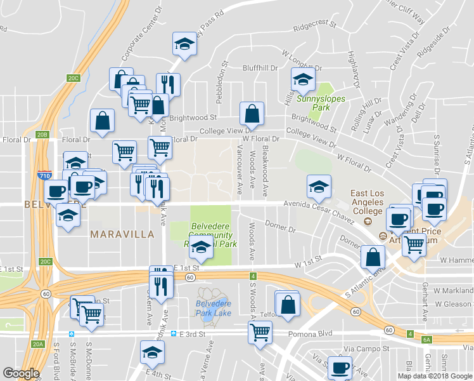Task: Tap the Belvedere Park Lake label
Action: coord(213,308)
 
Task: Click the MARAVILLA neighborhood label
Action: coord(122,234)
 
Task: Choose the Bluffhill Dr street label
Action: coord(260,68)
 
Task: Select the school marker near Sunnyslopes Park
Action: coord(303,80)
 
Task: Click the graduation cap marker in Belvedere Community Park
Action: coord(202,250)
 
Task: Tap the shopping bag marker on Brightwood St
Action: coord(252,114)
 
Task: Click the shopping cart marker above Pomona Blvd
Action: coord(260,331)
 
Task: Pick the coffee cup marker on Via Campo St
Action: coord(340,368)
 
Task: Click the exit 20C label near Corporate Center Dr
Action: coord(74,78)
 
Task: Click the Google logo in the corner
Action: coord(21,374)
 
